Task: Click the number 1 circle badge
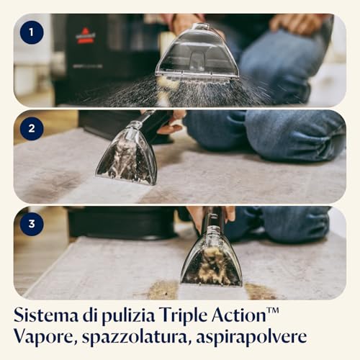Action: (x=32, y=32)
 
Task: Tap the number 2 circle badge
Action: (x=32, y=128)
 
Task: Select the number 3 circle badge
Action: (x=32, y=224)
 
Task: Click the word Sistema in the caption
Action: (x=46, y=315)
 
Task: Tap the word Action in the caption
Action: (x=238, y=315)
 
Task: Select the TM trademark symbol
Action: (x=272, y=310)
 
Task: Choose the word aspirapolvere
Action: (x=251, y=337)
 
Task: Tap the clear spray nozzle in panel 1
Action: (x=197, y=52)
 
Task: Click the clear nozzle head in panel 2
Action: (x=127, y=153)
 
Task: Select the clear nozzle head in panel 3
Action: (x=212, y=257)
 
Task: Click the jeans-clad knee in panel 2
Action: (x=294, y=135)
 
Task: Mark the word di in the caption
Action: (x=90, y=315)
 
